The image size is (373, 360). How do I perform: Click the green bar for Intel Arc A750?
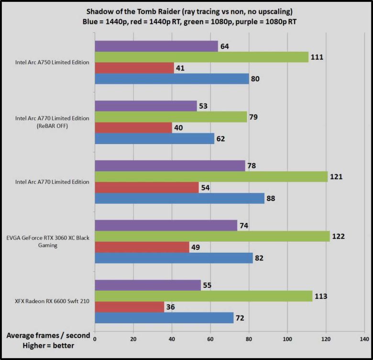click(x=201, y=57)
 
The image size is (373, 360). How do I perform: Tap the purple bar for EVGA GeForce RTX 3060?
click(x=166, y=225)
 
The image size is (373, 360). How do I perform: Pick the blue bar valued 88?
click(x=179, y=198)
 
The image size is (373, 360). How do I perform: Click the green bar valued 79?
click(x=171, y=117)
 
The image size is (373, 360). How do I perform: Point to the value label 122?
click(x=339, y=236)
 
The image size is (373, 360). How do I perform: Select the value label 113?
click(x=320, y=296)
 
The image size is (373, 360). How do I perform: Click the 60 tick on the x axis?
click(x=210, y=339)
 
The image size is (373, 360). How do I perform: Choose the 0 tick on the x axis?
click(x=95, y=339)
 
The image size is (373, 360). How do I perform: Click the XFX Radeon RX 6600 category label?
click(x=50, y=302)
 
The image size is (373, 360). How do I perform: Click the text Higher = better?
click(x=47, y=345)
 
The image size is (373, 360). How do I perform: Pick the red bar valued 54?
click(x=147, y=187)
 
